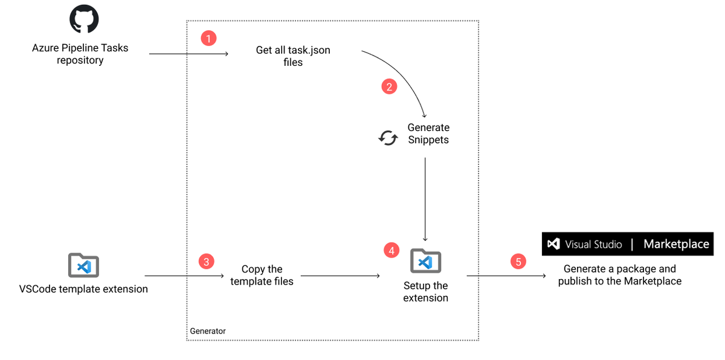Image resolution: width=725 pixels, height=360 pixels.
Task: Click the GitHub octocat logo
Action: tap(84, 19)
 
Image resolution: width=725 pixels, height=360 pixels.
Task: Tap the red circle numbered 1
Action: tap(208, 39)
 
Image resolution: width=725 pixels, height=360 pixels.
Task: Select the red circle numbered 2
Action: tap(389, 86)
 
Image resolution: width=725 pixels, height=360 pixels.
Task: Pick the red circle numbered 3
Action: tap(207, 262)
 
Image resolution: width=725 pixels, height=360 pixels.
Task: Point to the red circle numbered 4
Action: tap(391, 249)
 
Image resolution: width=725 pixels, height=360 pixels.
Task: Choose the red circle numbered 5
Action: tap(518, 262)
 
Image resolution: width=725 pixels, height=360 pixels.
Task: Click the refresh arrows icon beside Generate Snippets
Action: tap(388, 138)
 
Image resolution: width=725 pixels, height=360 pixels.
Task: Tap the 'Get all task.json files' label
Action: tap(293, 56)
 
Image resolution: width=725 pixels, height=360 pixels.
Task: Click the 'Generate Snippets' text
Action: tap(428, 133)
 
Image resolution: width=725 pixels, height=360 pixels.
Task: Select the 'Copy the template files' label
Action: tap(262, 275)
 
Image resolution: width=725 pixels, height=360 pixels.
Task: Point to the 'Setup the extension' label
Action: tap(426, 292)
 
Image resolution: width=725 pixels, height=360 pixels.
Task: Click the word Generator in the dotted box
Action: tap(208, 331)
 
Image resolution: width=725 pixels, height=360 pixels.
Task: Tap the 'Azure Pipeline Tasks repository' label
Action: tap(80, 54)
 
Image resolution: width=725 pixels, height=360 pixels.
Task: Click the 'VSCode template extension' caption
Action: tap(83, 289)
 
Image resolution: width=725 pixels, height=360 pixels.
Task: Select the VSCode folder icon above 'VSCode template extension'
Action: tap(84, 265)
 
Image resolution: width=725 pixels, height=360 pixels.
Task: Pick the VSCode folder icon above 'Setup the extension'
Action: tap(426, 260)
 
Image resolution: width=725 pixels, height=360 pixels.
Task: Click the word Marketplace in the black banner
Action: tap(676, 244)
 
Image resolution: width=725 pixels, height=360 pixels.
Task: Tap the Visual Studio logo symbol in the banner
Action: tap(553, 244)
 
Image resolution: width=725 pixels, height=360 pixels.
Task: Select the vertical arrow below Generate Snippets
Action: tap(426, 199)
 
